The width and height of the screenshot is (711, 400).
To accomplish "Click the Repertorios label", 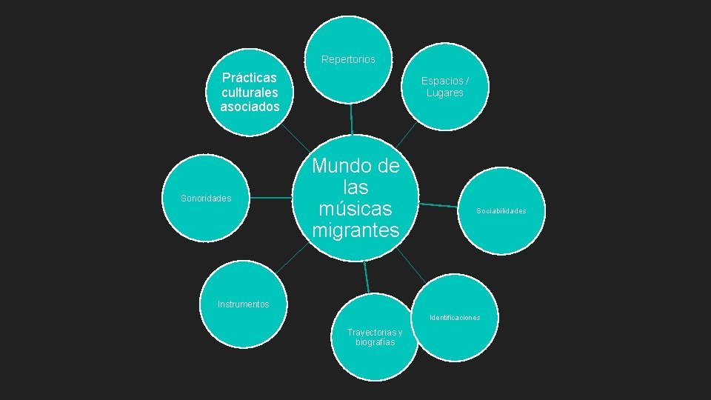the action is [348, 59].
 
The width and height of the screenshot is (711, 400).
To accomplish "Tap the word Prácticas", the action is [250, 78].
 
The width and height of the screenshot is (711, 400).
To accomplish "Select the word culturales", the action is [250, 93].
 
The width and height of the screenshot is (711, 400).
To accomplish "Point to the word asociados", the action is [250, 107].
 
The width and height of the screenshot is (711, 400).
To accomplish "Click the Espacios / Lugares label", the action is [444, 87].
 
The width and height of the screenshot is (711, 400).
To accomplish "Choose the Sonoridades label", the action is [206, 199].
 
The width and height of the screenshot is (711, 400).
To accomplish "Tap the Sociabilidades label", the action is [501, 211].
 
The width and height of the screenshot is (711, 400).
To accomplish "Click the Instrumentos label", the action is [244, 304].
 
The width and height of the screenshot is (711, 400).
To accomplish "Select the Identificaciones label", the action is [455, 318].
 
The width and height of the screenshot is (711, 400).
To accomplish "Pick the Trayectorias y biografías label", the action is [375, 337].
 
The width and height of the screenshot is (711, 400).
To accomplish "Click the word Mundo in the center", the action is [355, 166].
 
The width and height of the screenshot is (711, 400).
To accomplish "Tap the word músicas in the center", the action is [355, 209].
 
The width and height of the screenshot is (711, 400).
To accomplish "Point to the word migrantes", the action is [355, 230].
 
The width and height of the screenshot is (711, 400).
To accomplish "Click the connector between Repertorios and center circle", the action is [351, 119].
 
